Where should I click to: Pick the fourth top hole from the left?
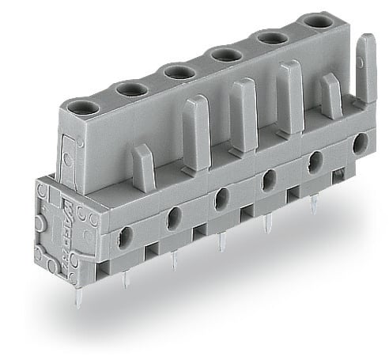(x=225, y=54)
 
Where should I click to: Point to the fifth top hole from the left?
(x=272, y=36)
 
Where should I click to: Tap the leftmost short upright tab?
(x=142, y=166)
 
